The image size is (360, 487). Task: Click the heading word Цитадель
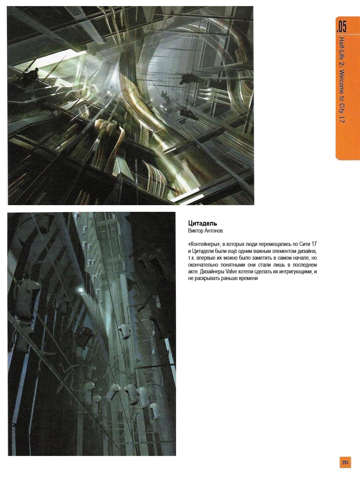203,224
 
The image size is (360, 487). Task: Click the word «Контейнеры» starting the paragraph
203,244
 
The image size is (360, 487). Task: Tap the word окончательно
203,265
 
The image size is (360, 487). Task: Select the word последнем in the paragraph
305,265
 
